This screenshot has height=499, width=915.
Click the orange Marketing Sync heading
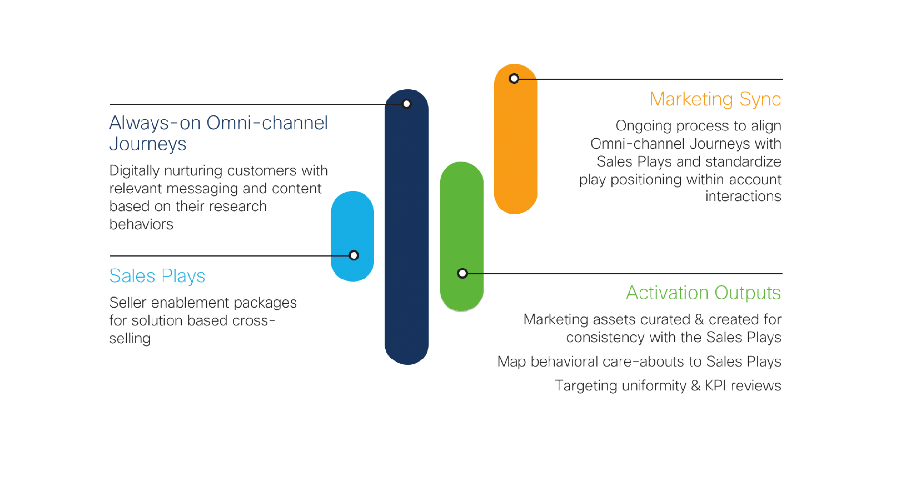[x=715, y=99]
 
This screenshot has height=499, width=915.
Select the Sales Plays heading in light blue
[x=157, y=276]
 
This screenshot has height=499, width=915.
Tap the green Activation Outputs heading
[x=703, y=293]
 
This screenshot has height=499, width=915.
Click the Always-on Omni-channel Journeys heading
[x=218, y=133]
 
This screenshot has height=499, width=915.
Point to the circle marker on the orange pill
[x=514, y=79]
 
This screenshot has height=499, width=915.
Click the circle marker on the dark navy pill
[x=407, y=104]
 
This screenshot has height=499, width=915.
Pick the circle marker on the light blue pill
[x=354, y=255]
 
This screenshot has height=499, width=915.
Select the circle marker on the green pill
[x=462, y=273]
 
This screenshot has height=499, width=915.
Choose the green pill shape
[x=462, y=219]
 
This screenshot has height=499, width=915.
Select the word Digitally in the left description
[x=134, y=171]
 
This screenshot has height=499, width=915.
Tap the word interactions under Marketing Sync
[x=743, y=197]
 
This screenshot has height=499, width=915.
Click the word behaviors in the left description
[x=141, y=224]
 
